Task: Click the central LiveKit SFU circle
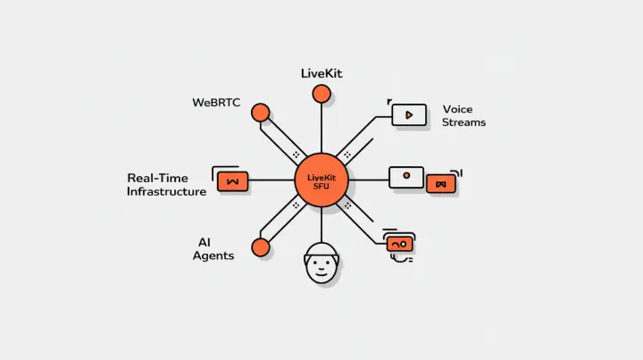pyautogui.click(x=321, y=180)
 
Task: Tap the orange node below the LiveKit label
pyautogui.click(x=321, y=94)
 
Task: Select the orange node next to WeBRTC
pyautogui.click(x=261, y=113)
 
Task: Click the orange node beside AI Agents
pyautogui.click(x=261, y=247)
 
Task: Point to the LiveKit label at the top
pyautogui.click(x=322, y=72)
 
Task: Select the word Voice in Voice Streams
pyautogui.click(x=457, y=109)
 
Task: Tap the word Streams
pyautogui.click(x=463, y=122)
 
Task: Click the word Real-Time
pyautogui.click(x=157, y=178)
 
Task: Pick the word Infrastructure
pyautogui.click(x=166, y=191)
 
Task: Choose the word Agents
pyautogui.click(x=213, y=255)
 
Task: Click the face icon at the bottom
pyautogui.click(x=321, y=263)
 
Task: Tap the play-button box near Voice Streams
pyautogui.click(x=409, y=114)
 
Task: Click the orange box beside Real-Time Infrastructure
pyautogui.click(x=231, y=180)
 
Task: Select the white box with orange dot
pyautogui.click(x=406, y=177)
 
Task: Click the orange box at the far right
pyautogui.click(x=441, y=183)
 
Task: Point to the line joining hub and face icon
pyautogui.click(x=321, y=225)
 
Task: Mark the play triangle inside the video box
pyautogui.click(x=409, y=114)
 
